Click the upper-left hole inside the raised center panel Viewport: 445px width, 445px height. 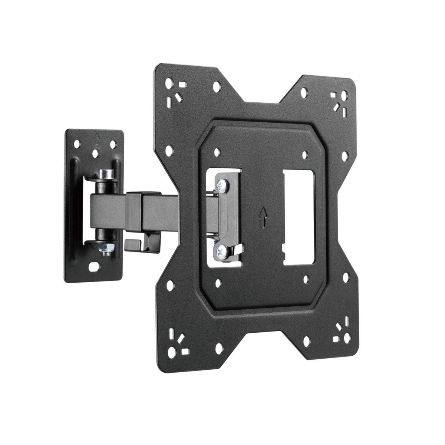point(217,152)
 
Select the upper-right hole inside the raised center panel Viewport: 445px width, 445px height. point(305,155)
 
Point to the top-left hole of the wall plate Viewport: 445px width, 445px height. point(78,143)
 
